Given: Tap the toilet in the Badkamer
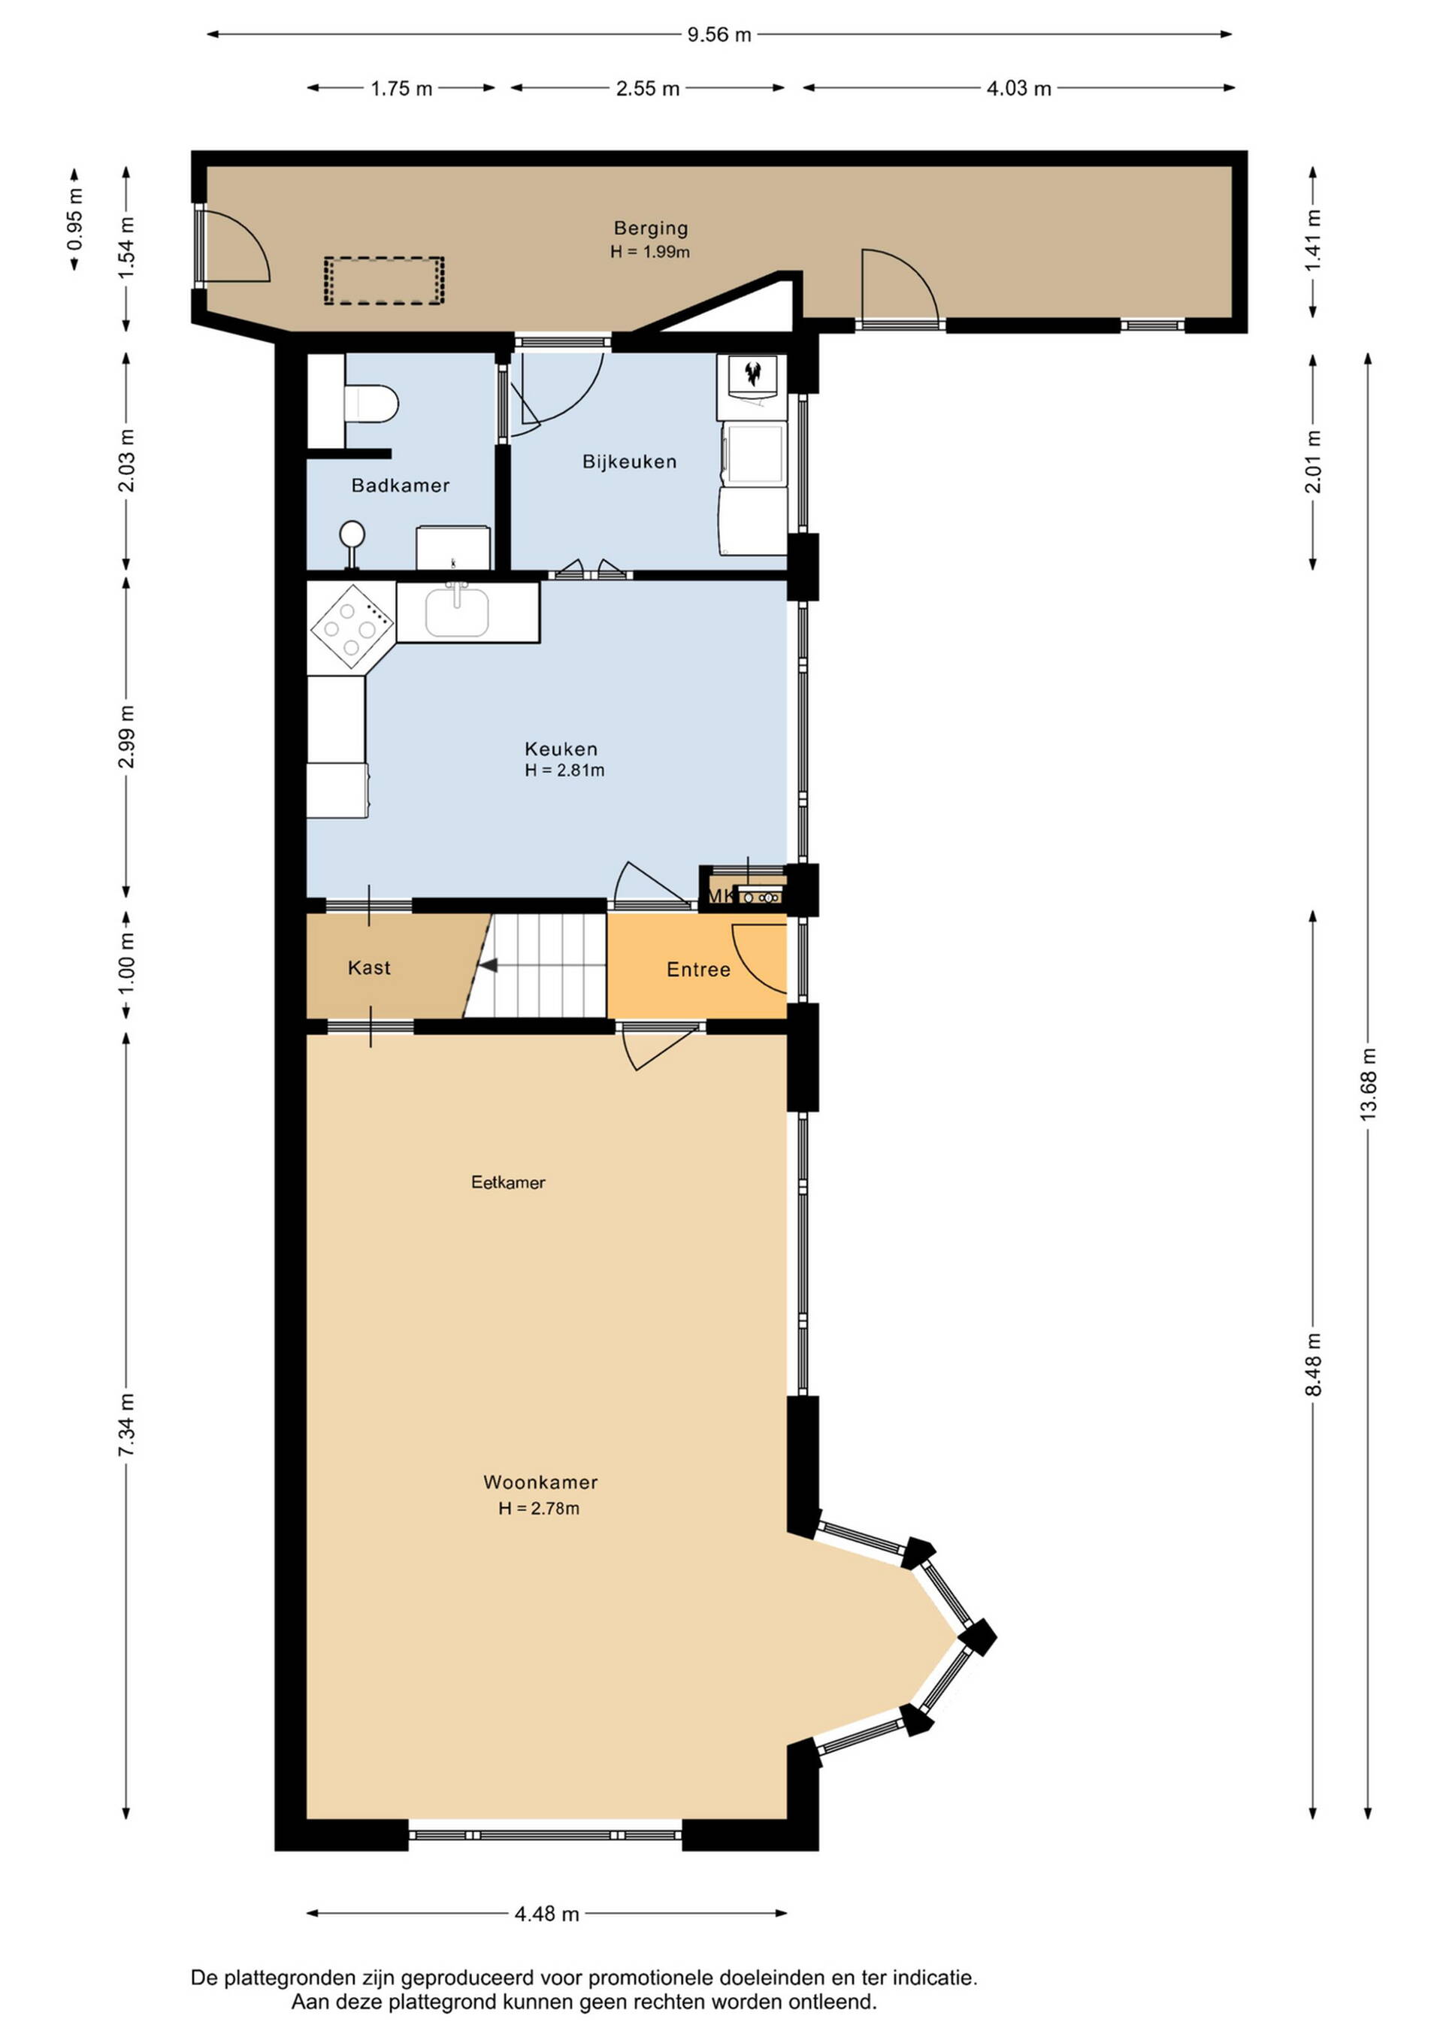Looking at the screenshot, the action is [370, 404].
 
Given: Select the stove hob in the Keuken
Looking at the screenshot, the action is [352, 625].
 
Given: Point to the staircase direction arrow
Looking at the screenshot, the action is [488, 966].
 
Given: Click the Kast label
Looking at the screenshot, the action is [370, 967].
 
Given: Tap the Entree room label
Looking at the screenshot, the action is [698, 970].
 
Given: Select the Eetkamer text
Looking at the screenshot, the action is [508, 1182].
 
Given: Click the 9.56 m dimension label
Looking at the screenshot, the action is [718, 35].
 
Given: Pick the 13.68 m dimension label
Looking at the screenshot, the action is [1369, 1082].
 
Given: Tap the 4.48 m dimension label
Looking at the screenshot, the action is [547, 1914].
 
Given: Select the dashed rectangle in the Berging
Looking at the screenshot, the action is [384, 281].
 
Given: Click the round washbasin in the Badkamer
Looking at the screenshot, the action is [352, 535].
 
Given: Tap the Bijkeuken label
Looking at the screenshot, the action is [630, 461].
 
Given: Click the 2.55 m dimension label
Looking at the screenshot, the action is [648, 88].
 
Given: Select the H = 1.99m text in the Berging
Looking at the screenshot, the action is [650, 252].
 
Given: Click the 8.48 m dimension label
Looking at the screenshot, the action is [1313, 1363].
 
